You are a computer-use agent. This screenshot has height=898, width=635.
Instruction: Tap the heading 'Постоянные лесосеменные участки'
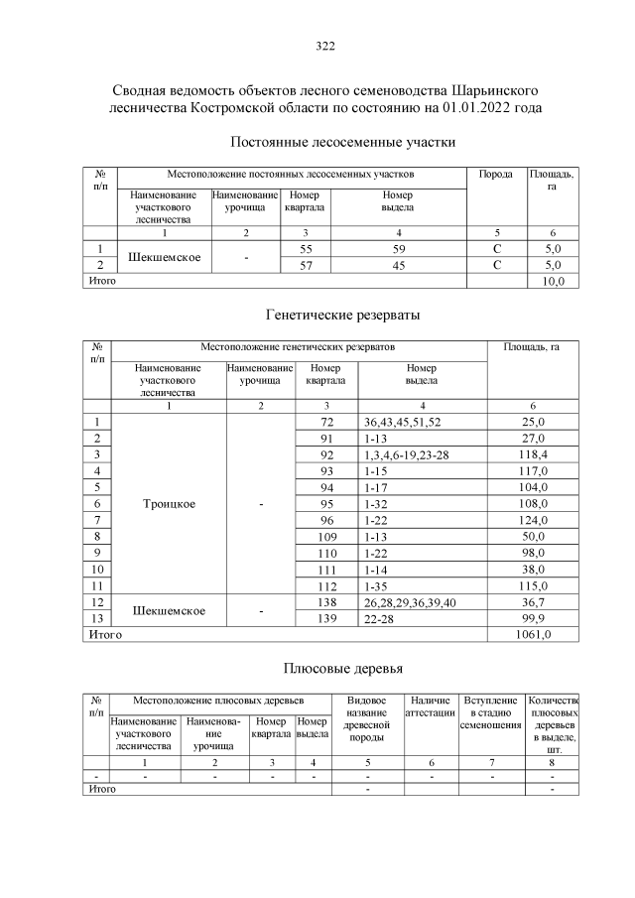[342, 142]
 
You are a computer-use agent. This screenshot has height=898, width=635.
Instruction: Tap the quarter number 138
[325, 601]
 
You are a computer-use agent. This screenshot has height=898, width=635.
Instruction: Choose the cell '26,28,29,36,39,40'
[413, 601]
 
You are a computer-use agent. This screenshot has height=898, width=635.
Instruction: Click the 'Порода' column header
[495, 175]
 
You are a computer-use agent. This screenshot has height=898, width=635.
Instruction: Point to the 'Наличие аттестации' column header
[431, 706]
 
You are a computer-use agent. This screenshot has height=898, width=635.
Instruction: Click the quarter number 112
[325, 585]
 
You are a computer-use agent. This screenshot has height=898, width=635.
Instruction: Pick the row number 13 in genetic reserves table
[97, 618]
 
